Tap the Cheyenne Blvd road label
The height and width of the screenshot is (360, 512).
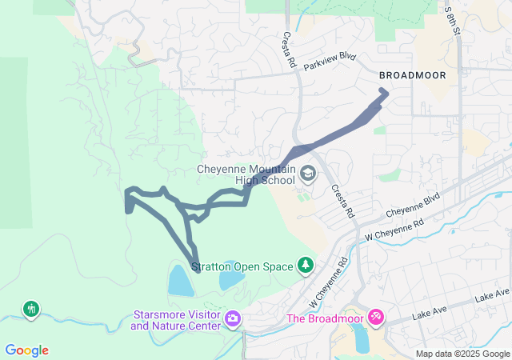coord(414,206)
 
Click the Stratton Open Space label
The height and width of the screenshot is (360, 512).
coord(242,266)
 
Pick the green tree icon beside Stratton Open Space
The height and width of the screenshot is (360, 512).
coord(305,264)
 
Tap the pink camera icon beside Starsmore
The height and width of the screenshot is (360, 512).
coord(233,319)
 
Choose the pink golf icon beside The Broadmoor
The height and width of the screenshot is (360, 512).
coord(375,318)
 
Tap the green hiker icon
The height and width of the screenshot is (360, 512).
coord(31,308)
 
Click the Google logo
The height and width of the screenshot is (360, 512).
coord(26,350)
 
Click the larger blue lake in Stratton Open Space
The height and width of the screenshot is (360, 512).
coord(180,281)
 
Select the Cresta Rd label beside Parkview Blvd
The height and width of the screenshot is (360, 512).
coord(289,50)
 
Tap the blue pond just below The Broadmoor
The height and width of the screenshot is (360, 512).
coord(361,340)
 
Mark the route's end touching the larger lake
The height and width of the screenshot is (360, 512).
coord(197,270)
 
